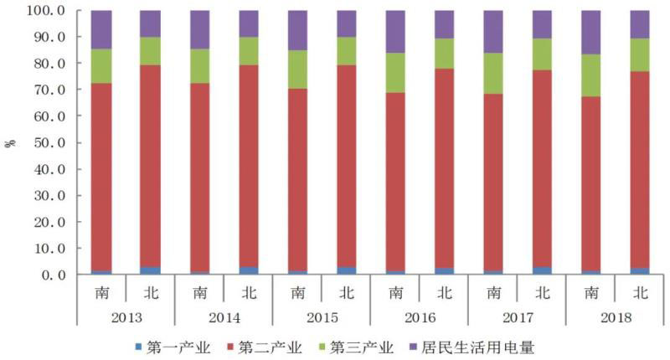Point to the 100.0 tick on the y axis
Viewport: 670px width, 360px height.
click(46, 11)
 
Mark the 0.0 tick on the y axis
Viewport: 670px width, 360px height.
click(52, 275)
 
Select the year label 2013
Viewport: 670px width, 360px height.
click(126, 317)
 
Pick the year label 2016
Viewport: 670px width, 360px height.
click(419, 317)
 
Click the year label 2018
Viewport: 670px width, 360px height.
click(615, 317)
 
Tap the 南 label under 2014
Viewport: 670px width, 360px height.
click(199, 293)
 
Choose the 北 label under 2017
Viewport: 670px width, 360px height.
click(542, 293)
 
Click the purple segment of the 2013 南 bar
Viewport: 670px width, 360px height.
click(101, 30)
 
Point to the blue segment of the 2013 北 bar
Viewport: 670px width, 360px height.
click(151, 270)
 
